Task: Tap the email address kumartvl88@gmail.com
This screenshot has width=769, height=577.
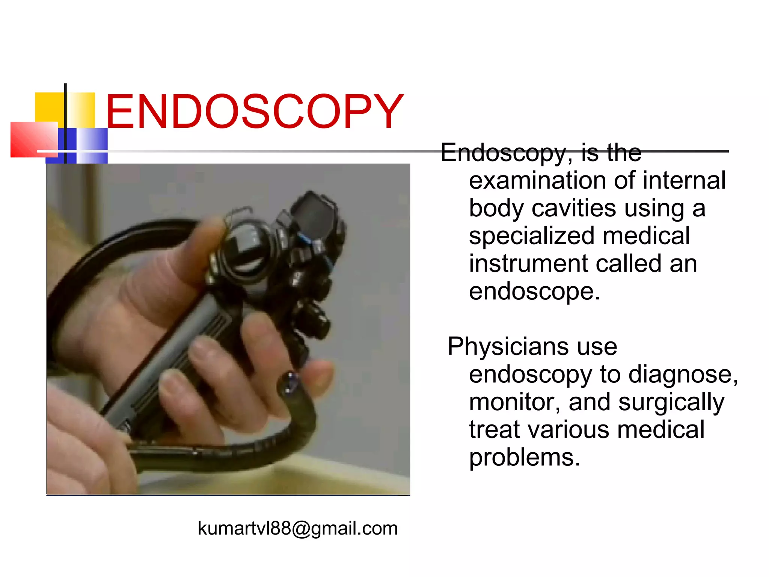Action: pyautogui.click(x=297, y=528)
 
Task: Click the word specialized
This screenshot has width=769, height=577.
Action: pyautogui.click(x=531, y=236)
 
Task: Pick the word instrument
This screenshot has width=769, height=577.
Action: pyautogui.click(x=528, y=263)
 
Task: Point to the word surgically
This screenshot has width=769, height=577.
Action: pyautogui.click(x=671, y=403)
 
